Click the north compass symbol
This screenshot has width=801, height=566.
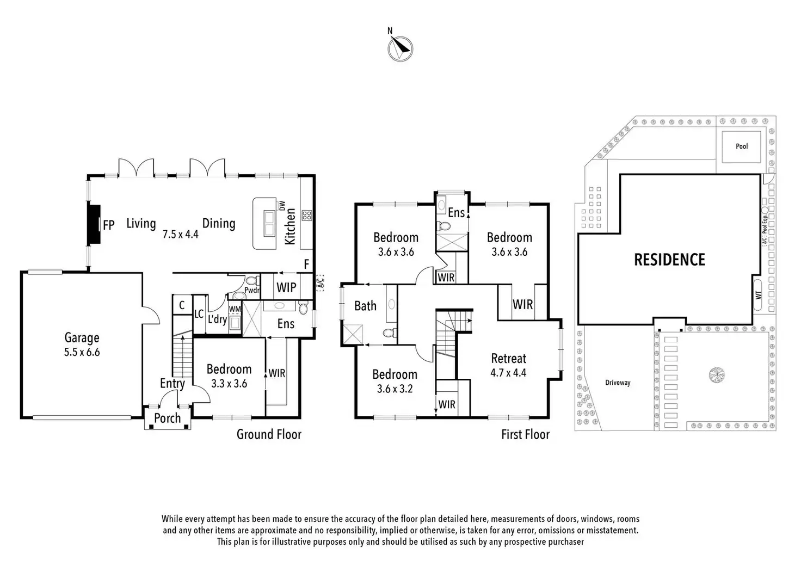pos(400,48)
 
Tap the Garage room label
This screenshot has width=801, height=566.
pos(82,338)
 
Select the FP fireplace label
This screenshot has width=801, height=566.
pos(108,224)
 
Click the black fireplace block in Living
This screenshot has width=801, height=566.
pos(95,224)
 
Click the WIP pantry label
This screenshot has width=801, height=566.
pos(286,287)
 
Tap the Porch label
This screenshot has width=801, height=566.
pos(167,418)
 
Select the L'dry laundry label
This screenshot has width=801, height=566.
pos(217,319)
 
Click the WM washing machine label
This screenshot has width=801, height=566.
pos(235,309)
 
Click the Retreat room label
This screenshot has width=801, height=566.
pos(509,358)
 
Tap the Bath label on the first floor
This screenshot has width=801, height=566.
pos(365,306)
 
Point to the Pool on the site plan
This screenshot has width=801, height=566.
pos(742,146)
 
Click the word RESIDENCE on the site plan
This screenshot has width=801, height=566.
pos(669,260)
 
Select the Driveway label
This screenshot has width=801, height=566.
pos(618,383)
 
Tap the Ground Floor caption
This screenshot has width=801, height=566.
pos(269,434)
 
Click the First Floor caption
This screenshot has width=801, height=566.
pos(525,434)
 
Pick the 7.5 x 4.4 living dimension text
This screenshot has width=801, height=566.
pos(181,235)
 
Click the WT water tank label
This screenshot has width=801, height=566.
pos(759,294)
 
